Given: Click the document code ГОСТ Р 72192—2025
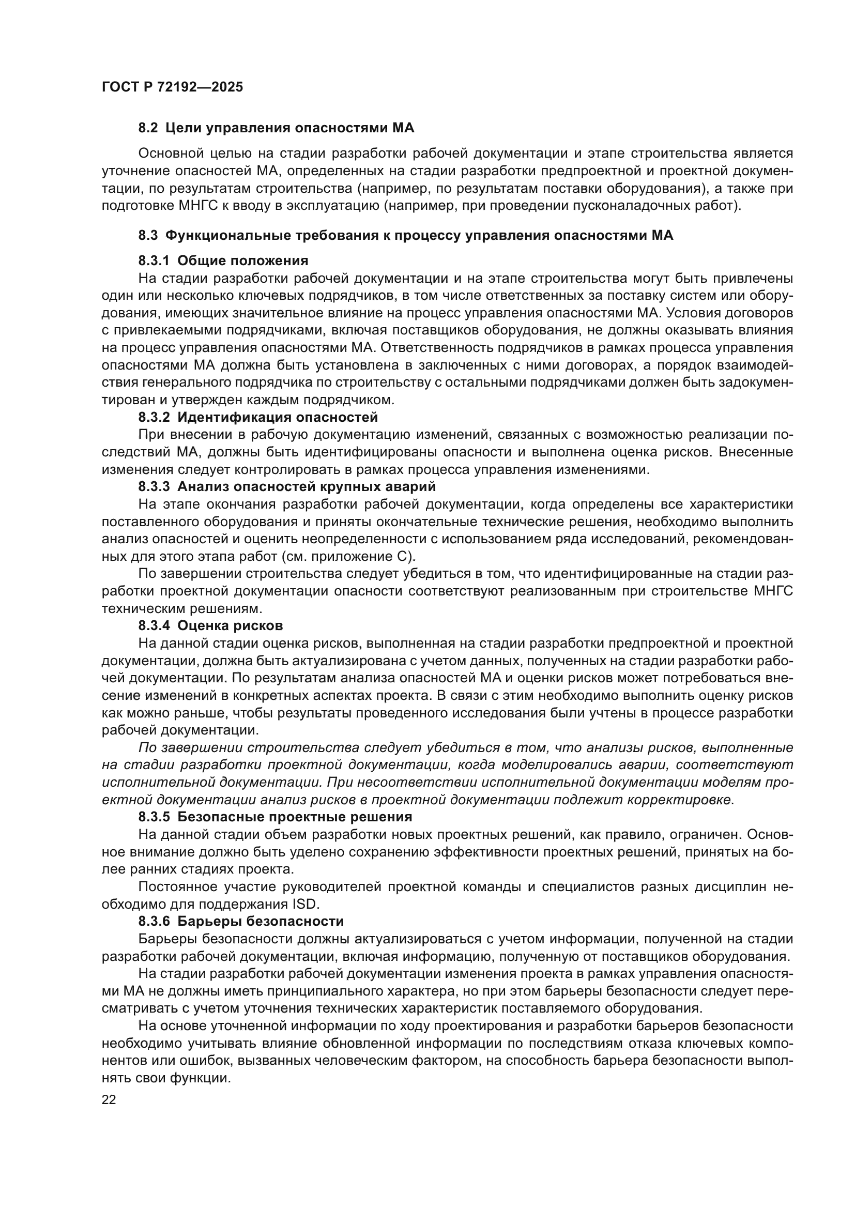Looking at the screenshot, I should [x=172, y=87].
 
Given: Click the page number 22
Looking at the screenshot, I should [x=109, y=1099].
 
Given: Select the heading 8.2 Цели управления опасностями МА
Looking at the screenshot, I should [x=276, y=128].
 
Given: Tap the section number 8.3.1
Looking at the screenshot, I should [x=154, y=261].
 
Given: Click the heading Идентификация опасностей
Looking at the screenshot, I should [x=278, y=418].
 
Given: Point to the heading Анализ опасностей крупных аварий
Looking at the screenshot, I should [x=307, y=486].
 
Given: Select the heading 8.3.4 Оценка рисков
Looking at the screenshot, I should [x=210, y=625].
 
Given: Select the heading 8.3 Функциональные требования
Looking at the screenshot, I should [x=405, y=235].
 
